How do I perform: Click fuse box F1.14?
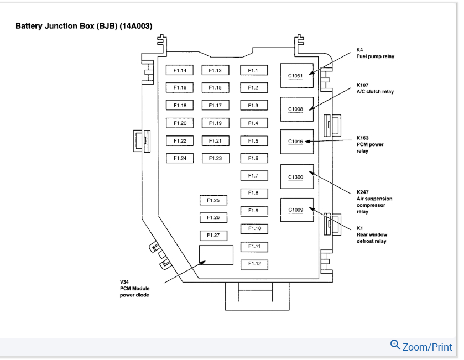click(x=180, y=70)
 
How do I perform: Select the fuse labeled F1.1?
click(x=254, y=70)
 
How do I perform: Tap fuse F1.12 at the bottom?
click(x=254, y=264)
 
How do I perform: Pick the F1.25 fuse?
click(x=213, y=200)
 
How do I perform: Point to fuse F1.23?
click(x=215, y=158)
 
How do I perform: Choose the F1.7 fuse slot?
click(x=254, y=176)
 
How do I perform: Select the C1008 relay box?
click(x=296, y=109)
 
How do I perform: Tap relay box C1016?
click(x=296, y=142)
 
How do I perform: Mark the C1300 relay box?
click(x=296, y=176)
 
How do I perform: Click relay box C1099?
click(x=296, y=210)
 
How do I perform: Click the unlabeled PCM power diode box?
click(x=216, y=255)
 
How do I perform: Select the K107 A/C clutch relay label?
click(x=376, y=88)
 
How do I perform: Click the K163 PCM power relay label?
click(x=370, y=144)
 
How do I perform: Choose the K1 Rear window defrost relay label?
click(x=372, y=234)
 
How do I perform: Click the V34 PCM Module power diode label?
click(x=134, y=288)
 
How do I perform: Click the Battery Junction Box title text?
click(x=84, y=26)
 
